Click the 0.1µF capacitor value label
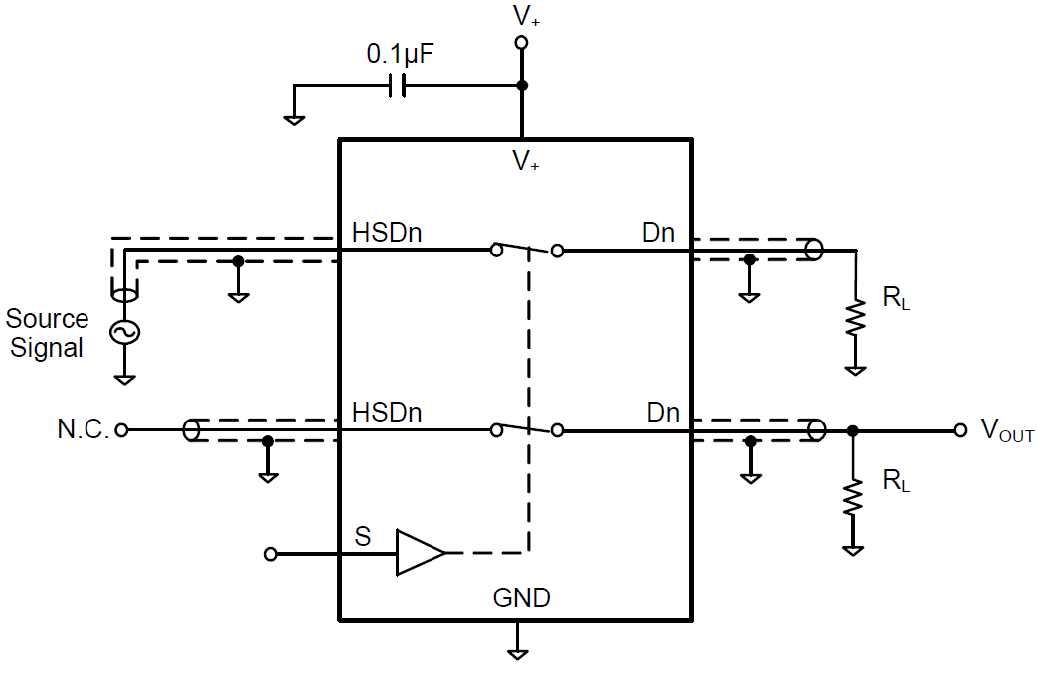coord(400,56)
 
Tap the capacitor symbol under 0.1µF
coord(398,86)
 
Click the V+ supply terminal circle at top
coord(520,42)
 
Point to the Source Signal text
coord(47,333)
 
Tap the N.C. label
coord(83,430)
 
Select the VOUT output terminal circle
coord(960,430)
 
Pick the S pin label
coord(363,538)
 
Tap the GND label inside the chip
coord(521,598)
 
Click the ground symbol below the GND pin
coord(517,651)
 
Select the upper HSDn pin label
coord(387,233)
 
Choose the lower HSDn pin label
coord(387,412)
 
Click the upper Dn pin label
coord(658,234)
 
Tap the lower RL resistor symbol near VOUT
coord(853,498)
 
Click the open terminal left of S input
coord(271,554)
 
